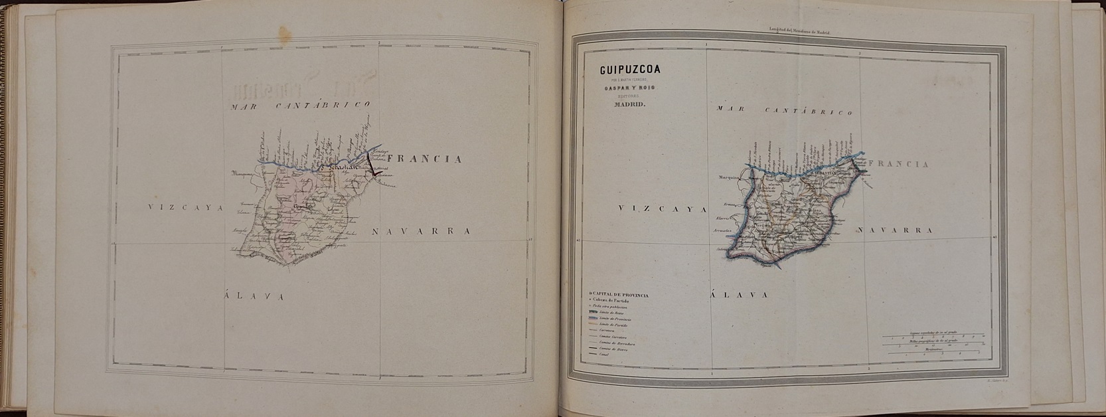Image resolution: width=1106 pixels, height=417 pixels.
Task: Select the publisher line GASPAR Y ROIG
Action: (625, 87)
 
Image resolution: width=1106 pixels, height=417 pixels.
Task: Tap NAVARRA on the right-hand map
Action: (895, 230)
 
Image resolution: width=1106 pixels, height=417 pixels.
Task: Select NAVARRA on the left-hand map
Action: (421, 231)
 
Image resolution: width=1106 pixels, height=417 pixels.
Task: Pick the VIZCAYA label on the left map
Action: (180, 207)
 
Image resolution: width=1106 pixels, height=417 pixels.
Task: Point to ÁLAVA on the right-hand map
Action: (740, 294)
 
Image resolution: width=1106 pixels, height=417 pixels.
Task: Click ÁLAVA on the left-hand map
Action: (254, 296)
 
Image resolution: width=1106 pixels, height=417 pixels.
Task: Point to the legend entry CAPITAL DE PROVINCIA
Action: (619, 294)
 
